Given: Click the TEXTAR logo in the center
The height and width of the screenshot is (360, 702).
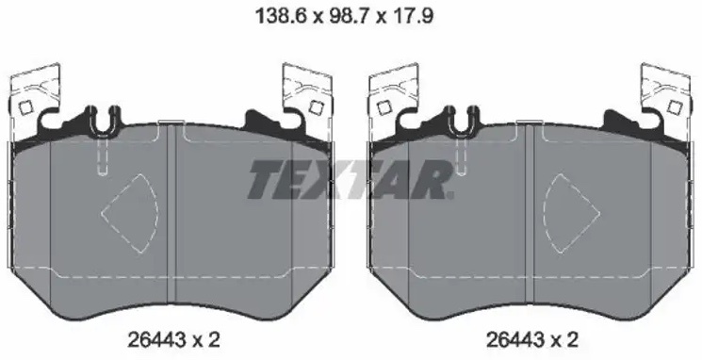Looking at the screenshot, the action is click(351, 179).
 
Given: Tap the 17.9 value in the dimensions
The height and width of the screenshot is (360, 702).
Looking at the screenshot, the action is click(413, 17).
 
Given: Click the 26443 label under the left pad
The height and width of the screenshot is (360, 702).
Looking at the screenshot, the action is click(156, 340).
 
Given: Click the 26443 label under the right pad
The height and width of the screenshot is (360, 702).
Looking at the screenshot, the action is click(514, 340).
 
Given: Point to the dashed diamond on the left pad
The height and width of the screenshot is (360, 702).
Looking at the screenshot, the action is click(130, 214).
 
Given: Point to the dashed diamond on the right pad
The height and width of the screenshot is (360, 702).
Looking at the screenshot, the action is click(572, 214).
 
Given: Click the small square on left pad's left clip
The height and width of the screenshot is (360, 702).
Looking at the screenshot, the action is click(26, 107).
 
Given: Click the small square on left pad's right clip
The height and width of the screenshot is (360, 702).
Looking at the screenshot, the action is click(317, 107).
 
